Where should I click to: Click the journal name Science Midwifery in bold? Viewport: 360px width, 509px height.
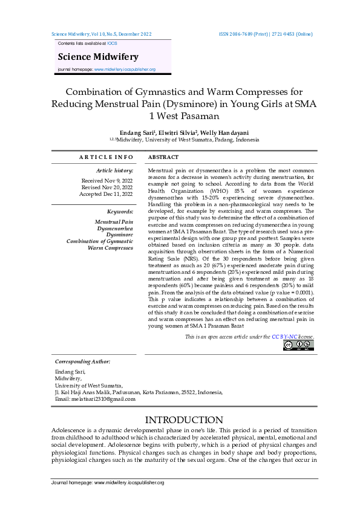tap(98, 57)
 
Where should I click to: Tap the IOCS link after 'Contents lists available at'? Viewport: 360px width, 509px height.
tap(113, 44)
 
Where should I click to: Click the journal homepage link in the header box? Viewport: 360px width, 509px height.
tap(125, 70)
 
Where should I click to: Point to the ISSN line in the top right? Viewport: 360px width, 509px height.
tap(266, 34)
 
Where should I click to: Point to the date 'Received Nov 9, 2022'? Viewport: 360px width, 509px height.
tap(107, 181)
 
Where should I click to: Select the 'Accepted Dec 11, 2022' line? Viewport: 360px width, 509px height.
tap(106, 194)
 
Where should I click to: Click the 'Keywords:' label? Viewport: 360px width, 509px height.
tap(120, 212)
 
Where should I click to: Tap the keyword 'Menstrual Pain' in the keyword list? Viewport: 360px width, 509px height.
tap(114, 222)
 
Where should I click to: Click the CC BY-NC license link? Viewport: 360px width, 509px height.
tap(284, 336)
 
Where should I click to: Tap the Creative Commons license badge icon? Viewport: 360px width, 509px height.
tap(298, 345)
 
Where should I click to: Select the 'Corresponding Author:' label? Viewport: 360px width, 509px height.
tap(82, 361)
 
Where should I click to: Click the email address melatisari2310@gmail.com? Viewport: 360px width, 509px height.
tap(104, 399)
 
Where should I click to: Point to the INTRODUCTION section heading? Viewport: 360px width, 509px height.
tap(180, 420)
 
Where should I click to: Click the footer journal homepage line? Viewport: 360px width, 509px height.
tap(107, 483)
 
